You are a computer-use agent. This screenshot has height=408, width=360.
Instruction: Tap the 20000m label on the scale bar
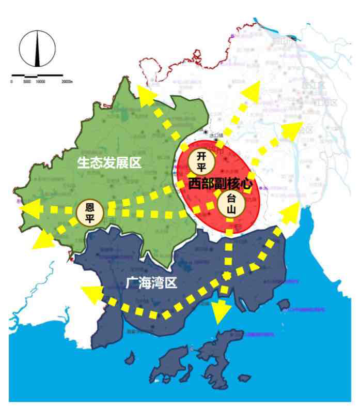(x=67, y=82)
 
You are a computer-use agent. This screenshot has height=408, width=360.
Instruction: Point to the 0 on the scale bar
(x=11, y=82)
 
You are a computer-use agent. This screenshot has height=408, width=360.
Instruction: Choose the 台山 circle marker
(x=229, y=204)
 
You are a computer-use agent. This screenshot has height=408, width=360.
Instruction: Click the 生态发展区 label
(x=109, y=163)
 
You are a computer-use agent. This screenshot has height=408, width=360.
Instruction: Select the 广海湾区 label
(x=151, y=282)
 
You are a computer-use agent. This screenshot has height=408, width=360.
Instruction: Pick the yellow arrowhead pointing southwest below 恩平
(x=42, y=239)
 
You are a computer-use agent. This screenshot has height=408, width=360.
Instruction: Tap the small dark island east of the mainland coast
(x=284, y=305)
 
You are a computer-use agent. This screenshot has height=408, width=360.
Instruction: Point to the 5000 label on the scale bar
(x=26, y=82)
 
